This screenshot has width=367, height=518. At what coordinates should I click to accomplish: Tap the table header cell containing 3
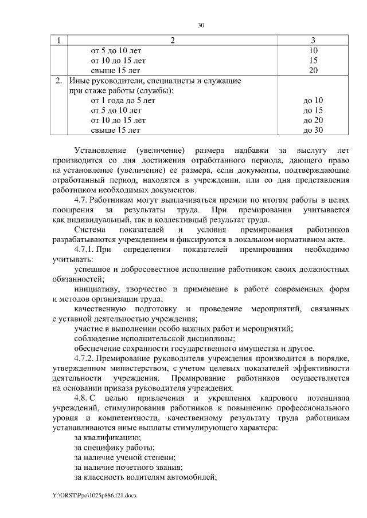tap(313, 40)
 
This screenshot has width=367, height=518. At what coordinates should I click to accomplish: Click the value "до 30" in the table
tap(313, 130)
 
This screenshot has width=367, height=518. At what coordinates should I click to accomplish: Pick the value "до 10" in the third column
tap(313, 100)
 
